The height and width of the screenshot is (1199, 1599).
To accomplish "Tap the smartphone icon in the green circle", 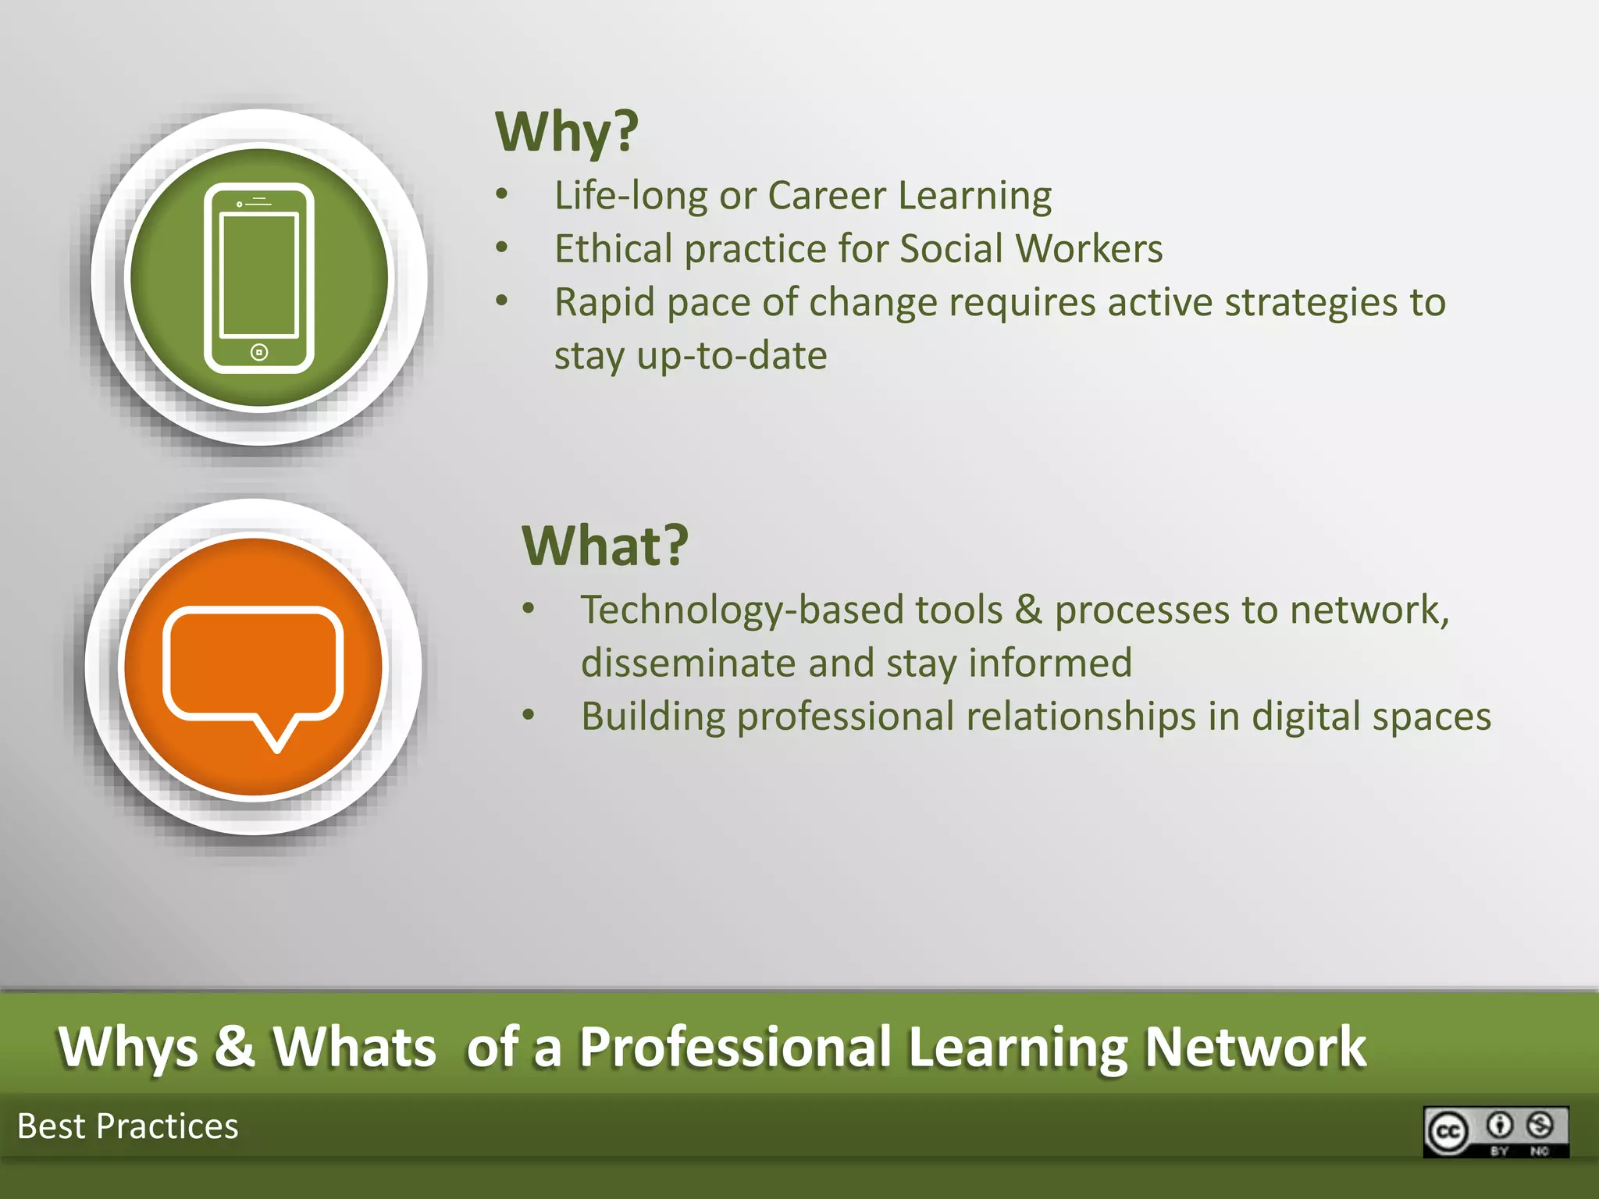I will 259,278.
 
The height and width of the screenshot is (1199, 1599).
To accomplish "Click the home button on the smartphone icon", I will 259,352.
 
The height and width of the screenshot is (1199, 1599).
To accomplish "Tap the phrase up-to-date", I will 732,356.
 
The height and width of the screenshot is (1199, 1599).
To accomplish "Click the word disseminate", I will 688,664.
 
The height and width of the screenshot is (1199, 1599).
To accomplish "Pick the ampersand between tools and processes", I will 1028,610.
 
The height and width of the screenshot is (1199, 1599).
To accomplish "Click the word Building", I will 653,717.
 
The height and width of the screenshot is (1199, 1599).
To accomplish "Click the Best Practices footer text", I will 128,1126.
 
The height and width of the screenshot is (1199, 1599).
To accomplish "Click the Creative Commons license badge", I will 1495,1131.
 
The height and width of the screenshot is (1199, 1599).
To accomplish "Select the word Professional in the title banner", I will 735,1047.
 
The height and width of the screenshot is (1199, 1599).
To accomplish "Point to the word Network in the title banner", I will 1255,1047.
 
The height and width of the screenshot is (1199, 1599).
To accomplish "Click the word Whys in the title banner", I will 128,1047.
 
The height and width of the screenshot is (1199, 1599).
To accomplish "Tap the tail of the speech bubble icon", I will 276,734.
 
